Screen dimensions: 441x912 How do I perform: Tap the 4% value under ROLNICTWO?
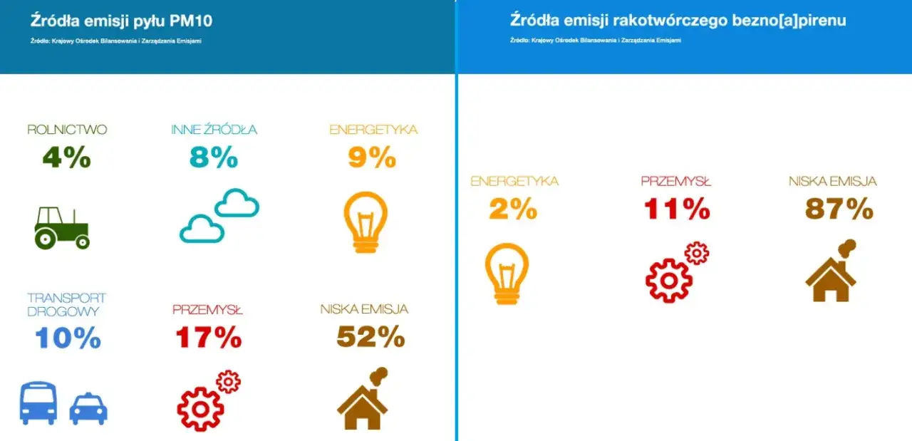click(x=67, y=157)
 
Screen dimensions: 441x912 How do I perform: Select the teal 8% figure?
click(x=214, y=157)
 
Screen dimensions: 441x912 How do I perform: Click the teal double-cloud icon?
click(x=219, y=215)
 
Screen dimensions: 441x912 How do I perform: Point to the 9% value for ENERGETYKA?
click(x=372, y=157)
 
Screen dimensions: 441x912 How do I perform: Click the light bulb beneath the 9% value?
click(x=366, y=221)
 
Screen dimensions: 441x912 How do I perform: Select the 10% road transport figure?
click(x=68, y=338)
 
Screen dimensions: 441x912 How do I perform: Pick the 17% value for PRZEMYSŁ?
click(x=208, y=338)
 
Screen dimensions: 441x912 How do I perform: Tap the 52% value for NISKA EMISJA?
click(x=370, y=338)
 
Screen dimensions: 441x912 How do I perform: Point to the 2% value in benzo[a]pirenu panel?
click(x=512, y=208)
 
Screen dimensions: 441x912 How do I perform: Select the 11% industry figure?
click(x=677, y=208)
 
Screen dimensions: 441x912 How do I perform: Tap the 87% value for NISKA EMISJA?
click(x=839, y=208)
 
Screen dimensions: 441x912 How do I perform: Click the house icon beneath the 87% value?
click(x=831, y=272)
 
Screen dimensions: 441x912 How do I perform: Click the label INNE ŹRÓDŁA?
click(x=214, y=130)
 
